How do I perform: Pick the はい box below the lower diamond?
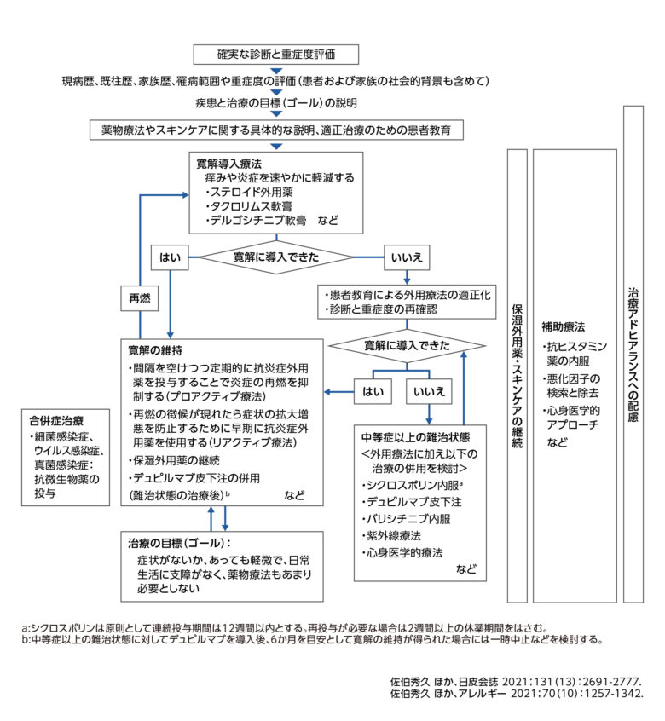point(372,392)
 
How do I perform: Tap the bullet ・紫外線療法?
point(396,535)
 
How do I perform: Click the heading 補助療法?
point(564,326)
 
